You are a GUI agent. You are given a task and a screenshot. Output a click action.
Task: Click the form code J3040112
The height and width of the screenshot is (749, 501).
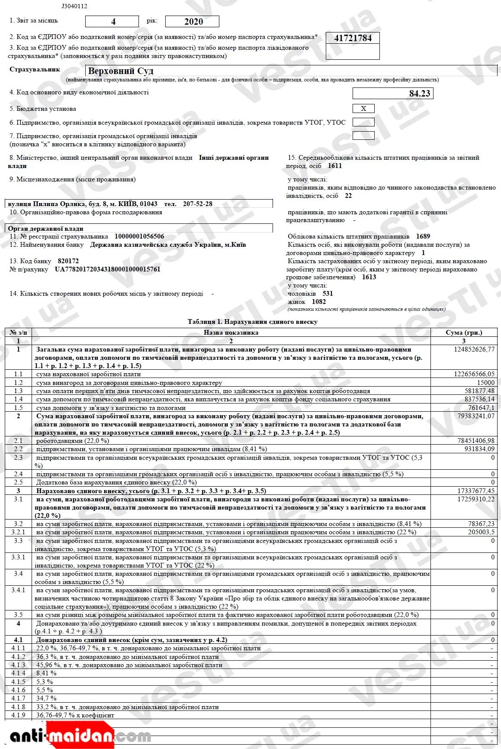point(74,6)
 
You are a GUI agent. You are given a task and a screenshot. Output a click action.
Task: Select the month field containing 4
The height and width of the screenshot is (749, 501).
point(112,22)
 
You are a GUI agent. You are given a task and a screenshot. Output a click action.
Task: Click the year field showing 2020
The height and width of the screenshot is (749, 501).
point(193,22)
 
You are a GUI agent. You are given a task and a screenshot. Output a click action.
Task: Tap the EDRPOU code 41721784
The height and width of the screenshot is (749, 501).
point(353,38)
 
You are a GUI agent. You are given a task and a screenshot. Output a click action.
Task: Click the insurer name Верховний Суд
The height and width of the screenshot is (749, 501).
point(121,71)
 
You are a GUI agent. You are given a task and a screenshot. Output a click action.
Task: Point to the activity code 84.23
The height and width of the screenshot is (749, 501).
point(419,94)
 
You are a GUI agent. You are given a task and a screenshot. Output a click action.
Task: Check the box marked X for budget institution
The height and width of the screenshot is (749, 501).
point(363,109)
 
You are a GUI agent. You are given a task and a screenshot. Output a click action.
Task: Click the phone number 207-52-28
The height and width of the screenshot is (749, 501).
point(198,204)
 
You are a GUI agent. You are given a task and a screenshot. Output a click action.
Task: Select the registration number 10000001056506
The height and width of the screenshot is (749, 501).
point(139,236)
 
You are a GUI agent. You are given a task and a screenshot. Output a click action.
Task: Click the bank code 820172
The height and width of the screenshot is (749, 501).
point(68,261)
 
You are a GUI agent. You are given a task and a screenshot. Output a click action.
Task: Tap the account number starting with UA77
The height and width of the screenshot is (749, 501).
point(107,269)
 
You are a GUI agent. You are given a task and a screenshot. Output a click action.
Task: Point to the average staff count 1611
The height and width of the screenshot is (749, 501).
point(335,166)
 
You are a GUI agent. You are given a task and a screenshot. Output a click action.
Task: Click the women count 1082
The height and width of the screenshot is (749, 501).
point(319,302)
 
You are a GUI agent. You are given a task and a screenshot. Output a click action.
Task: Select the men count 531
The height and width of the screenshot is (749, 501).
point(328,294)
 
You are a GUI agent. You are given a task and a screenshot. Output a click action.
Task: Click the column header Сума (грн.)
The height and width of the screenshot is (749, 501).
point(464,333)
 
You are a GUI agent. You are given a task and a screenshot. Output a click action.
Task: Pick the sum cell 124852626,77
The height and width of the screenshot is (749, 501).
point(474,349)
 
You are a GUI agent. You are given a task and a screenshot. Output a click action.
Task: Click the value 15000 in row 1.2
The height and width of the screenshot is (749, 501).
point(485,383)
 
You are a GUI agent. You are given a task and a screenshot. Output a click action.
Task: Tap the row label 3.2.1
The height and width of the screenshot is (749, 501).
point(18,532)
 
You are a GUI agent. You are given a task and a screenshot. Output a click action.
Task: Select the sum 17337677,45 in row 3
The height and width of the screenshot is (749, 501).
point(476,491)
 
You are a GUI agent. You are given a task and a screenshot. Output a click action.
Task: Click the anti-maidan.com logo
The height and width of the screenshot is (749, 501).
point(80,736)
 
